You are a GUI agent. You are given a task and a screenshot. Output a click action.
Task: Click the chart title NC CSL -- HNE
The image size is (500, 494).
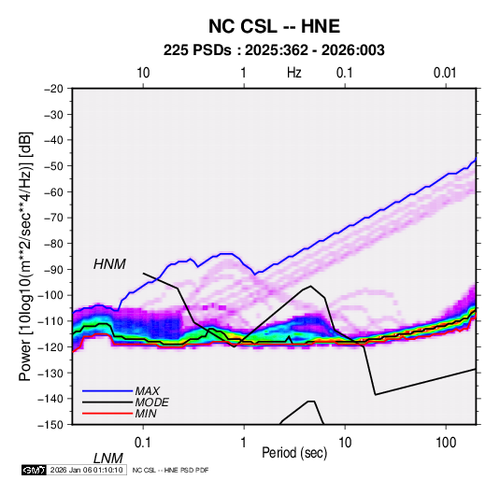pos(274,26)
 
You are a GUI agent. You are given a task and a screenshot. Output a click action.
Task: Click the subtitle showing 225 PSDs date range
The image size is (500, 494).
pos(274,50)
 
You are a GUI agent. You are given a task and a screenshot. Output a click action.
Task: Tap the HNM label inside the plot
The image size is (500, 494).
pos(109,264)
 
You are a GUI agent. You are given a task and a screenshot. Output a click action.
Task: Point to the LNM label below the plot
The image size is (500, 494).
pos(108,459)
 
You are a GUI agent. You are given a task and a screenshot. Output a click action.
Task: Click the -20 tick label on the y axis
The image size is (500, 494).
pos(53,89)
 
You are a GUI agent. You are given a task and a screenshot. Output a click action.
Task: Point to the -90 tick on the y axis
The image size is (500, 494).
pos(53,270)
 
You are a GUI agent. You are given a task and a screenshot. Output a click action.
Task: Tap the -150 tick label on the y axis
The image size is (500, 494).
pos(50,425)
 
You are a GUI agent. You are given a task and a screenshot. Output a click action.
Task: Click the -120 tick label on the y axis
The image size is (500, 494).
pos(50,347)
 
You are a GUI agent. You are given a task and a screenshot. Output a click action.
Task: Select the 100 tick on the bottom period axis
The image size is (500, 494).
pos(446,443)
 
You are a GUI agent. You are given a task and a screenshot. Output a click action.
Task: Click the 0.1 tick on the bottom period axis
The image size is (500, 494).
pos(143,443)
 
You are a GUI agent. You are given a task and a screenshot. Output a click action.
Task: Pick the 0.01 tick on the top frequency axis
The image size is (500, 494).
pos(445,73)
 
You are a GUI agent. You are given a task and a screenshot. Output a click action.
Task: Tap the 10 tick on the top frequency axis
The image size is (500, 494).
pos(143,73)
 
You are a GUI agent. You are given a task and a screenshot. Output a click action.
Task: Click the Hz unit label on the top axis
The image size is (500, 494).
pos(294,73)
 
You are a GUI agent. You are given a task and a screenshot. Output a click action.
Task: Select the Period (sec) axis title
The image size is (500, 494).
pos(294,453)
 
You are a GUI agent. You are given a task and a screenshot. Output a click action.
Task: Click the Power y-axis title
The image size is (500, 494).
pos(25,256)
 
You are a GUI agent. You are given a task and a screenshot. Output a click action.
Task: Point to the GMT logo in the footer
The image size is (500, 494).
pos(35,470)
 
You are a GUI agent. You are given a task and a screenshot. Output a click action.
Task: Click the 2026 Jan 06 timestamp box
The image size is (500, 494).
pos(86,470)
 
